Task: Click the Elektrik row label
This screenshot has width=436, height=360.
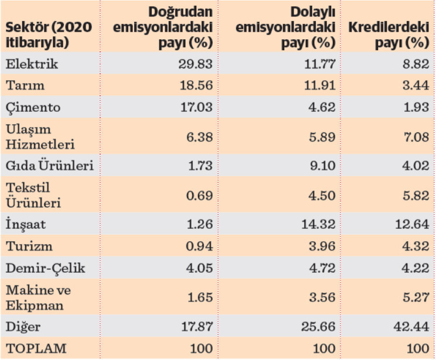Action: coord(32,64)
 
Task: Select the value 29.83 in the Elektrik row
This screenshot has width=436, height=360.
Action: coord(195,64)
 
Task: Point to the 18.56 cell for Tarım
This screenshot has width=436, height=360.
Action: coord(195,85)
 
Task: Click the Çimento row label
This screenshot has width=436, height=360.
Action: coord(33,107)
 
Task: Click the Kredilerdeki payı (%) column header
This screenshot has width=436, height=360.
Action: coord(389,35)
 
